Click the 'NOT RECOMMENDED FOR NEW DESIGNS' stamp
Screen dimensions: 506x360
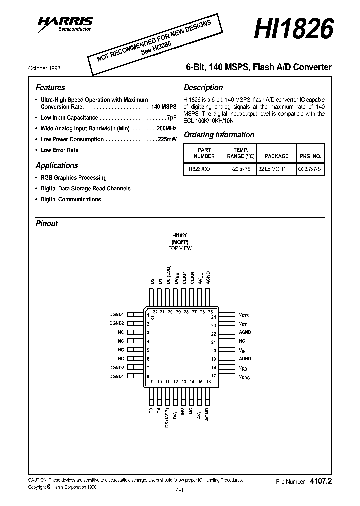tap(152, 44)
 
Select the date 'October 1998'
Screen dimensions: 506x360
tap(44, 68)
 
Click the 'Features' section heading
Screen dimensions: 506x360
tap(50, 88)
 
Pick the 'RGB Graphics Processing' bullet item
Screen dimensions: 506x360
tap(73, 178)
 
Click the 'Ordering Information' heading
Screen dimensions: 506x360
tap(219, 135)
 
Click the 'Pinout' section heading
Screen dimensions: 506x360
tap(47, 224)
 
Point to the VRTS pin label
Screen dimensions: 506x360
tap(244, 315)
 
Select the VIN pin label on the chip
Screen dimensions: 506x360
tap(242, 350)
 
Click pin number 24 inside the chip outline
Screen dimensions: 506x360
tap(213, 317)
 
